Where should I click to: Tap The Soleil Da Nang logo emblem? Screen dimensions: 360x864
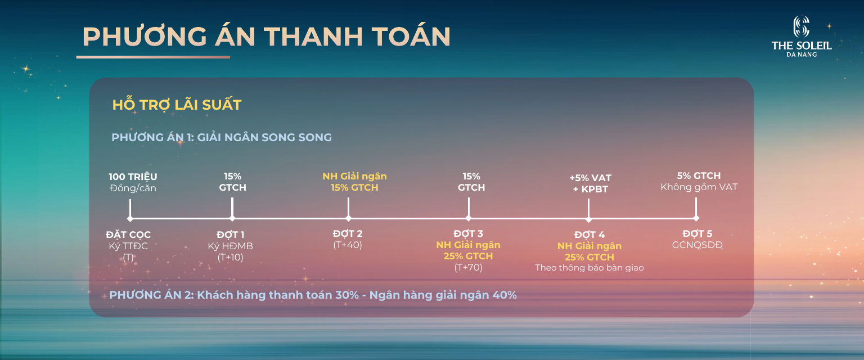click(x=801, y=27)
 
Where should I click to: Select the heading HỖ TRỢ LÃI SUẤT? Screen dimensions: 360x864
click(x=177, y=105)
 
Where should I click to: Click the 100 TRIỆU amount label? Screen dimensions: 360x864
click(x=133, y=177)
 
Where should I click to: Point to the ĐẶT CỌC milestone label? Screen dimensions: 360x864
click(x=128, y=235)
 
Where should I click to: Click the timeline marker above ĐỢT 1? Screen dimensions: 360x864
click(x=232, y=218)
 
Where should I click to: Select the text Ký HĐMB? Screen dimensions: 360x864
click(x=230, y=246)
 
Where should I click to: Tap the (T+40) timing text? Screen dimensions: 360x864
click(x=348, y=245)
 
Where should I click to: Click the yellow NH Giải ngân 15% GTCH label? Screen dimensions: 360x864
click(x=354, y=182)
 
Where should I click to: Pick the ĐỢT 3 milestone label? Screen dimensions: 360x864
click(x=468, y=233)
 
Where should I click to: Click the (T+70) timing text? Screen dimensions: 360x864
click(x=468, y=268)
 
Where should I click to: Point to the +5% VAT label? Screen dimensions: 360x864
click(x=590, y=178)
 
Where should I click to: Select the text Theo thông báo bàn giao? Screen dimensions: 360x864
click(x=589, y=268)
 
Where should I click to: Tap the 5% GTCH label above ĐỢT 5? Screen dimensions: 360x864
click(x=699, y=176)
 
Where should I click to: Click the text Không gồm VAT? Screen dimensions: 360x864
click(x=699, y=187)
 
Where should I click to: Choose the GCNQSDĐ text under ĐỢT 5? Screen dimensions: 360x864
click(x=697, y=245)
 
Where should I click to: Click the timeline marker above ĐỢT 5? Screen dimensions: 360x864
click(x=696, y=218)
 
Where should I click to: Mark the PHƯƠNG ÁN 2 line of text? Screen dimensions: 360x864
click(x=313, y=295)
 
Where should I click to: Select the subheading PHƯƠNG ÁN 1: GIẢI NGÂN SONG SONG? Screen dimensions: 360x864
click(x=222, y=137)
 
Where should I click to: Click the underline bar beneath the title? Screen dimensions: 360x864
click(x=153, y=57)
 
